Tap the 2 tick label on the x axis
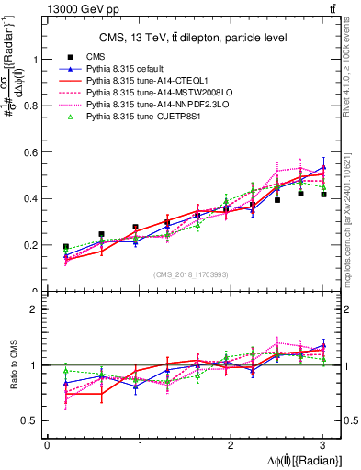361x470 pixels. click(231, 444)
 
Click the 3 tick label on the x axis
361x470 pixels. click(323, 444)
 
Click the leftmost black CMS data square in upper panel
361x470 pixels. click(65, 247)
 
